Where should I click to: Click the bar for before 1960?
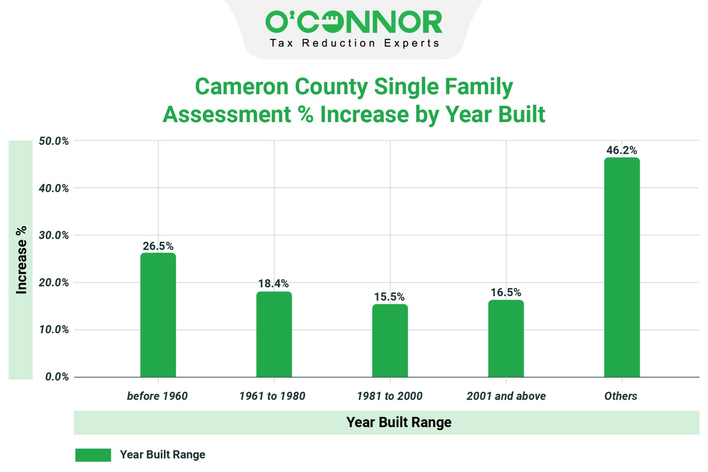tap(158, 315)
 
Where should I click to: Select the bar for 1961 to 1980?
tap(274, 334)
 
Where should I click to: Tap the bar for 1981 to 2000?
tap(390, 341)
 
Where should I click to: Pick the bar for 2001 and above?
tap(506, 339)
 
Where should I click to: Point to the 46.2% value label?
tap(622, 150)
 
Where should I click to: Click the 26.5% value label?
tap(158, 246)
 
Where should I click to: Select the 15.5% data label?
tap(389, 297)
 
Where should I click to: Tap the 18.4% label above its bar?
tap(273, 284)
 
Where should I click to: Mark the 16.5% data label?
tap(506, 293)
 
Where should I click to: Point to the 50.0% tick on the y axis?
tap(54, 141)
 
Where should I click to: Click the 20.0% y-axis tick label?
tap(54, 283)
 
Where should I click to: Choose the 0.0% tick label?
tap(57, 377)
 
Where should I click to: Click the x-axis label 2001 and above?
tap(506, 396)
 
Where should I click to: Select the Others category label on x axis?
tap(621, 396)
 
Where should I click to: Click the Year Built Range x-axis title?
tap(399, 423)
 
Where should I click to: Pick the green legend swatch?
tap(93, 455)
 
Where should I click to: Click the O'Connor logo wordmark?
tap(354, 22)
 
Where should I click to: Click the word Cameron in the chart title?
tap(242, 86)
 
